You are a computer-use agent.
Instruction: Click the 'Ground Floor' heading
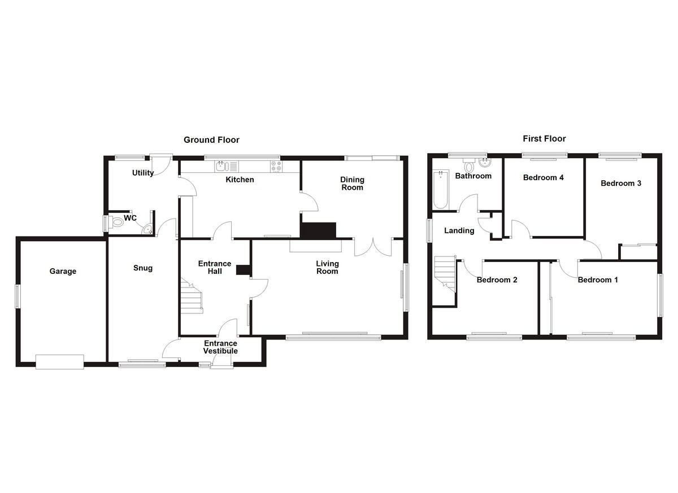pyautogui.click(x=211, y=140)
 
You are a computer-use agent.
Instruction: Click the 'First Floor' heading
pyautogui.click(x=544, y=138)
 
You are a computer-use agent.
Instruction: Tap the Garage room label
pyautogui.click(x=63, y=271)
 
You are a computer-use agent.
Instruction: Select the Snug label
pyautogui.click(x=143, y=268)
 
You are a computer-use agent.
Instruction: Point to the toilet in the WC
pyautogui.click(x=116, y=223)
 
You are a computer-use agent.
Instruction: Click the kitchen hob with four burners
pyautogui.click(x=277, y=166)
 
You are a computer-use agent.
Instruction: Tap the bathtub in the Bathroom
pyautogui.click(x=440, y=190)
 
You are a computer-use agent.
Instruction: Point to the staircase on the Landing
pyautogui.click(x=445, y=273)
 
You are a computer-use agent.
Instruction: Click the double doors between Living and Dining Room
pyautogui.click(x=373, y=247)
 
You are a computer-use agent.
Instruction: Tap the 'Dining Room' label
pyautogui.click(x=352, y=184)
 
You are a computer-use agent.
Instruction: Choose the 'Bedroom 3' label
pyautogui.click(x=620, y=184)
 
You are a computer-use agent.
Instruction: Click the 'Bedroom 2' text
pyautogui.click(x=497, y=280)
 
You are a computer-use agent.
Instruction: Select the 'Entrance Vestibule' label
pyautogui.click(x=220, y=347)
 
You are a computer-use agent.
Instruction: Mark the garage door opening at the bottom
pyautogui.click(x=60, y=361)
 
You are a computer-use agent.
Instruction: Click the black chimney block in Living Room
pyautogui.click(x=318, y=230)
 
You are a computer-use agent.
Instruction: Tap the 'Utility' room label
pyautogui.click(x=143, y=173)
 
